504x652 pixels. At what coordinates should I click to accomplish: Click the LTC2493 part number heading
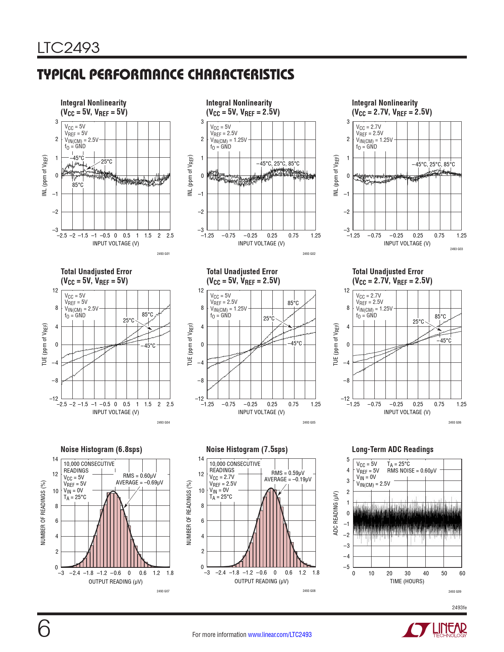[68, 48]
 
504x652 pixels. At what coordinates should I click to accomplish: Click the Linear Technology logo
[434, 630]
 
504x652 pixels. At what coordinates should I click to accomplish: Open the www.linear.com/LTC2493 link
[279, 635]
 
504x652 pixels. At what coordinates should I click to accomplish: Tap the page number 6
[44, 629]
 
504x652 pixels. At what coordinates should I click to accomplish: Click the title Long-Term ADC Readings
[393, 449]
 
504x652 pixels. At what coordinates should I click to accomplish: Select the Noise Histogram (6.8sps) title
[101, 449]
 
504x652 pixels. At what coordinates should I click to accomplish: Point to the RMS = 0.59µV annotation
[288, 473]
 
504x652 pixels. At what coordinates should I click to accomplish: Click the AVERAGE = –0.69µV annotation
[139, 482]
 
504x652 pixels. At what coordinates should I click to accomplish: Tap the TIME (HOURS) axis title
[407, 581]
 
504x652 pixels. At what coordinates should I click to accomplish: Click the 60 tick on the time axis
[462, 573]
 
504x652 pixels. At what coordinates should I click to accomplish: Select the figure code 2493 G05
[309, 422]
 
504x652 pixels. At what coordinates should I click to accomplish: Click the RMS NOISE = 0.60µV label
[412, 471]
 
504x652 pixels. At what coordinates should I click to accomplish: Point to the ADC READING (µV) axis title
[336, 513]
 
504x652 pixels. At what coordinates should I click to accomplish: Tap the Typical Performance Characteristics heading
[166, 75]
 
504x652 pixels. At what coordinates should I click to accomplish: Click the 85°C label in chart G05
[293, 303]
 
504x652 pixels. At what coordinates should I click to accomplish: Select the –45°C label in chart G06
[444, 341]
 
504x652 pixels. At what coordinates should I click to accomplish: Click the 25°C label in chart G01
[106, 162]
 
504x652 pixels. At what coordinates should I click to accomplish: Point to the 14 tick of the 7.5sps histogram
[201, 459]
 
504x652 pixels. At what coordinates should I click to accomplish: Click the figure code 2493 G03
[456, 249]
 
